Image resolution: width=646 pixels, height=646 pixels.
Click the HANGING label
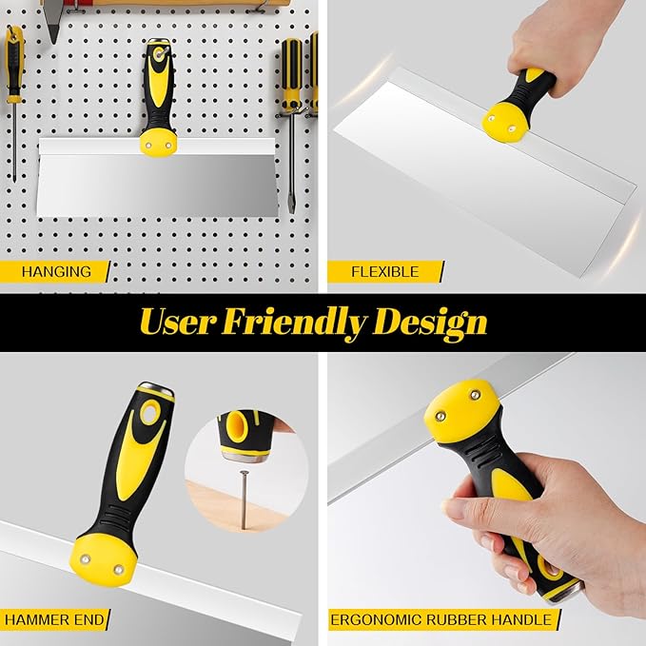point(57,271)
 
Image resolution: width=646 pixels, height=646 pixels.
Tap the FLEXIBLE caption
point(384,271)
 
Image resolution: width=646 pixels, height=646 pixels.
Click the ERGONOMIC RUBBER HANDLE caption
point(440,619)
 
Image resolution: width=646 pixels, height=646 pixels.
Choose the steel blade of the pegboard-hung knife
point(152,186)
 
